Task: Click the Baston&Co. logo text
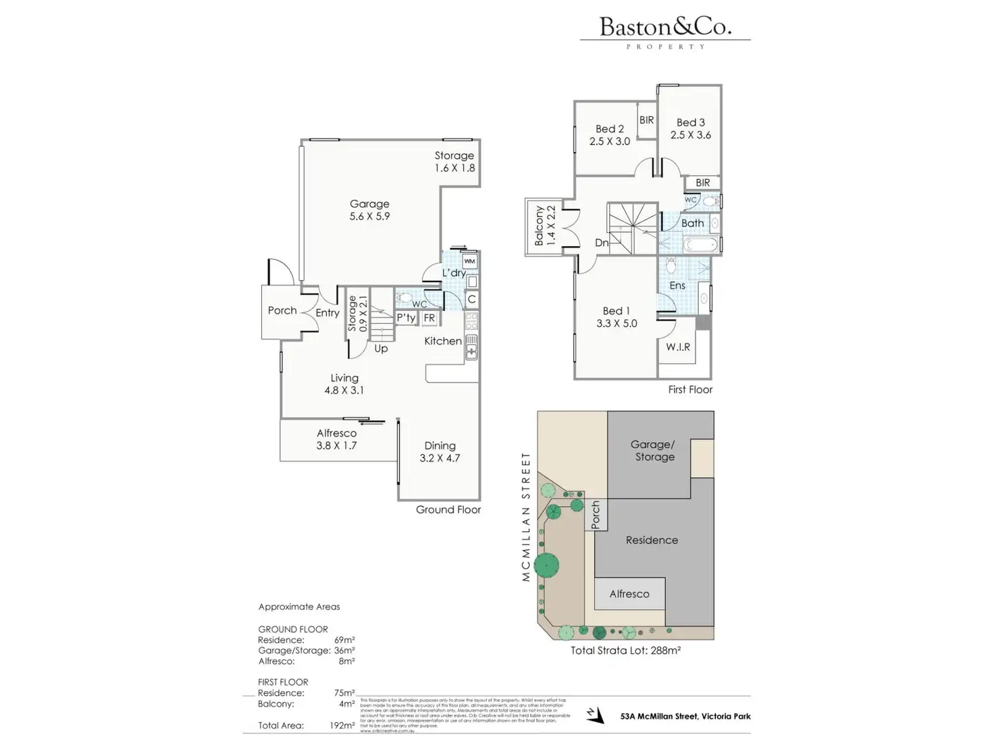point(665,27)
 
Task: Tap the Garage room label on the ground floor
point(369,204)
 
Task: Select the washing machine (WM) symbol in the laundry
point(469,261)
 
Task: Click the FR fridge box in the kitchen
point(429,318)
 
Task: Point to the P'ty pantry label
point(406,318)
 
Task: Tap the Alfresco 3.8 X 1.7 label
point(336,439)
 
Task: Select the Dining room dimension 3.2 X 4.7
point(440,458)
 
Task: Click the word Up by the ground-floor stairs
point(381,349)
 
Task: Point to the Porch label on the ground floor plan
point(282,310)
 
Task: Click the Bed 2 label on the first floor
point(610,129)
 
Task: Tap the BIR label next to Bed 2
point(647,120)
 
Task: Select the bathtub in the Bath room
point(700,244)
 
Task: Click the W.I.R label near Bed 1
point(678,347)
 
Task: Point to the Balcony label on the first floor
point(540,226)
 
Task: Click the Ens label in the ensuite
point(677,285)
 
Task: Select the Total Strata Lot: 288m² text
point(625,651)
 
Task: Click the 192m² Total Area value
point(342,725)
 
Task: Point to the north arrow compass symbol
point(594,715)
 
